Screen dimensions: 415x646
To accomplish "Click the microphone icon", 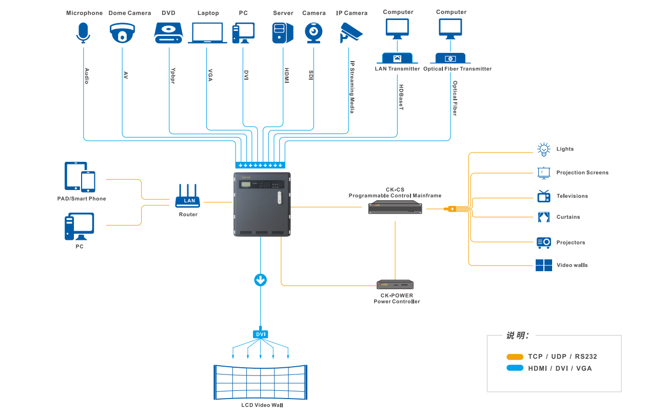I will pos(83,32).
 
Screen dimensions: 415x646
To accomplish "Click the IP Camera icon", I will pos(351,32).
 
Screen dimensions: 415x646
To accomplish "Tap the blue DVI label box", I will pos(261,334).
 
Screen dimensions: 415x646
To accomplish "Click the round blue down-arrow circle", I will pos(261,280).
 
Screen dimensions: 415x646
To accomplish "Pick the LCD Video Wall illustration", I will pos(261,382).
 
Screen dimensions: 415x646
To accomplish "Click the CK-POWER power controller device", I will pos(395,285).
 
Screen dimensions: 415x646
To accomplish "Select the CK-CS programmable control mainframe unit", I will pos(396,208).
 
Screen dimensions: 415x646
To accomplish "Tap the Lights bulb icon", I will pos(543,149).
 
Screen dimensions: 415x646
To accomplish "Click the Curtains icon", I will pos(543,217).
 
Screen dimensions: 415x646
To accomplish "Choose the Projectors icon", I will pos(543,242).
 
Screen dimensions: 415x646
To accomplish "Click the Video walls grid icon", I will pos(543,265).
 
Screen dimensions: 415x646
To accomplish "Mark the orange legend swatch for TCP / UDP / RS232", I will pos(515,356).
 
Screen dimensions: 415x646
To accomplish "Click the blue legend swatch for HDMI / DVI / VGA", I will pos(515,368).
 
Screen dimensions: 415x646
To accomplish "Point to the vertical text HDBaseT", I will pos(401,98).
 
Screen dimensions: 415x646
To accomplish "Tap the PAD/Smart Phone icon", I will pos(80,177).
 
